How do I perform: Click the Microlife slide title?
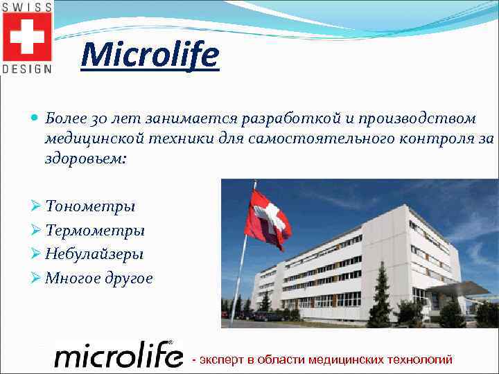150,55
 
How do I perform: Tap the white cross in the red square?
27,36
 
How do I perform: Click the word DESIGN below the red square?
27,69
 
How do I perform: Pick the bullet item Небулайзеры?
94,254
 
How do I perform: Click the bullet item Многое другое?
98,278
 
